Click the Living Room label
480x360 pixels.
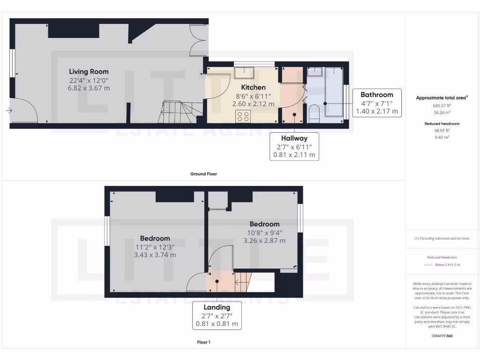pos(89,72)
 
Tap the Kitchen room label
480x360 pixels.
pos(253,87)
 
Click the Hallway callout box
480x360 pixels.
pos(294,146)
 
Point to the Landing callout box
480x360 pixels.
pos(217,315)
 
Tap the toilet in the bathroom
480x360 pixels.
pos(314,114)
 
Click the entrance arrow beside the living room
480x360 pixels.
pos(9,111)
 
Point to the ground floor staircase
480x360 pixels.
pos(178,112)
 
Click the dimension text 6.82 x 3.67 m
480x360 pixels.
pos(89,88)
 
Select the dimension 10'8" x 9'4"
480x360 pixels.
pos(264,232)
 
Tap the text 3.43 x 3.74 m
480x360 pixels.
pos(155,255)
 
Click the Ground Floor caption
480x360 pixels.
pos(203,174)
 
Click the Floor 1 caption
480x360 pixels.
pos(203,342)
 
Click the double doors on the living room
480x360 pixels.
pos(197,39)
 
